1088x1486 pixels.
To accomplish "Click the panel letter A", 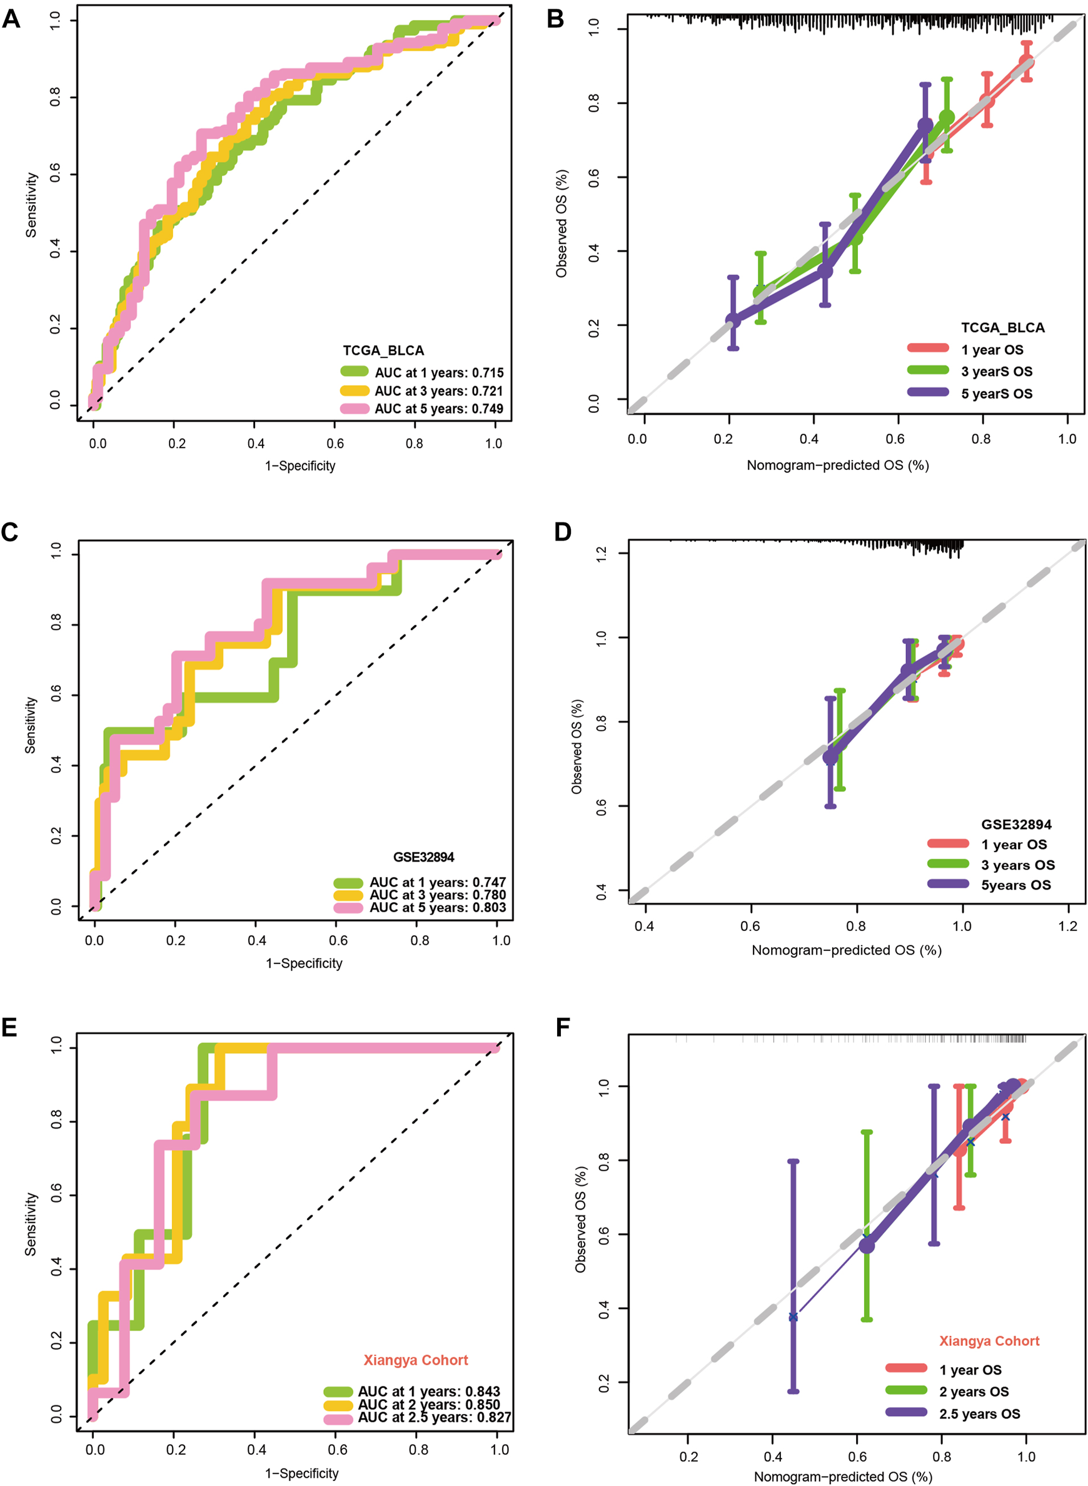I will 11,19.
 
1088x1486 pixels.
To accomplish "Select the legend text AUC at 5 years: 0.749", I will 438,409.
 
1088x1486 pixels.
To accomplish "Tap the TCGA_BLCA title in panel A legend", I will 383,350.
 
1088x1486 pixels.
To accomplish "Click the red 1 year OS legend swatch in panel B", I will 928,349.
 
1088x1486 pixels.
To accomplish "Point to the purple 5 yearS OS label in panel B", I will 997,394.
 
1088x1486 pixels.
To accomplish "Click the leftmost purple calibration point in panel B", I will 733,320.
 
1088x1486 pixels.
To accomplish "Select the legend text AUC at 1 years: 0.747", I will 437,882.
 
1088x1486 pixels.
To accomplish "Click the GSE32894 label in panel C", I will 423,857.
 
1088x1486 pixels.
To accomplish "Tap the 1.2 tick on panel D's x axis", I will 1067,926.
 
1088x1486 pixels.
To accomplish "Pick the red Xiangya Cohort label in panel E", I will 416,1360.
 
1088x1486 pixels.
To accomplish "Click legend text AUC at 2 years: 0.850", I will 429,1403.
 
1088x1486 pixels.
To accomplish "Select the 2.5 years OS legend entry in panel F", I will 979,1413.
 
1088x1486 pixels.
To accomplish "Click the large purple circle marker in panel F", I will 867,1246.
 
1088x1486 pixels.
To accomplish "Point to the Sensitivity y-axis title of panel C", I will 30,725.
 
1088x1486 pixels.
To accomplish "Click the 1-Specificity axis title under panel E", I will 301,1473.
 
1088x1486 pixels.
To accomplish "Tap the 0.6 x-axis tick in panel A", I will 335,444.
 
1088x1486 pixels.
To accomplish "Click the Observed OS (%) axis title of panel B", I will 562,223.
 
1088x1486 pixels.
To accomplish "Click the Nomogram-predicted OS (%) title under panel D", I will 846,950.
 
